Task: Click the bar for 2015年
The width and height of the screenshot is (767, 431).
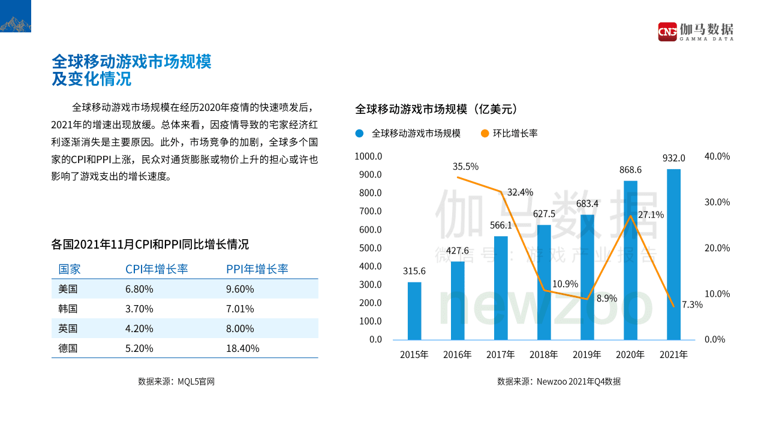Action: pyautogui.click(x=414, y=311)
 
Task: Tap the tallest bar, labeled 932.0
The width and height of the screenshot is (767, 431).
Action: pyautogui.click(x=673, y=254)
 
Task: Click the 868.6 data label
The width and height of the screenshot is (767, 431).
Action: pyautogui.click(x=630, y=170)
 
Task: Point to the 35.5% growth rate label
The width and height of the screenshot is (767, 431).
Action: pyautogui.click(x=465, y=167)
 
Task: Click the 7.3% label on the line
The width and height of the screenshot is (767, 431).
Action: pyautogui.click(x=692, y=305)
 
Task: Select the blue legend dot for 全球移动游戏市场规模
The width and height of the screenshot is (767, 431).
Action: pyautogui.click(x=359, y=134)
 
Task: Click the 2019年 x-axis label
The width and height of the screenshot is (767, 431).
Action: pyautogui.click(x=587, y=355)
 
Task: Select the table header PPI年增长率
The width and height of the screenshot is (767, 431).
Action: pyautogui.click(x=257, y=269)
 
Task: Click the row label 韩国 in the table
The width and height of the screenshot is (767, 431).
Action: pyautogui.click(x=68, y=309)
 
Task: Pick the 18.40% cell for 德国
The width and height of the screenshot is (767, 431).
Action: pyautogui.click(x=242, y=348)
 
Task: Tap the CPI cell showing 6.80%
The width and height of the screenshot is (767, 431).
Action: pyautogui.click(x=139, y=289)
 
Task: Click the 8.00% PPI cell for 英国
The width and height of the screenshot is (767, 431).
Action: pyautogui.click(x=240, y=328)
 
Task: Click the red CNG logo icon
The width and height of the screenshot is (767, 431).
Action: pyautogui.click(x=667, y=31)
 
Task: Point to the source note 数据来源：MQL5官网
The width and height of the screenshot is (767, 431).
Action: pyautogui.click(x=176, y=381)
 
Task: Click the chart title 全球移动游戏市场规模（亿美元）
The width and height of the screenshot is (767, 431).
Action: pyautogui.click(x=436, y=109)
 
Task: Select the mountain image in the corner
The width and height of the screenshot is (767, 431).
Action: pyautogui.click(x=16, y=16)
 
